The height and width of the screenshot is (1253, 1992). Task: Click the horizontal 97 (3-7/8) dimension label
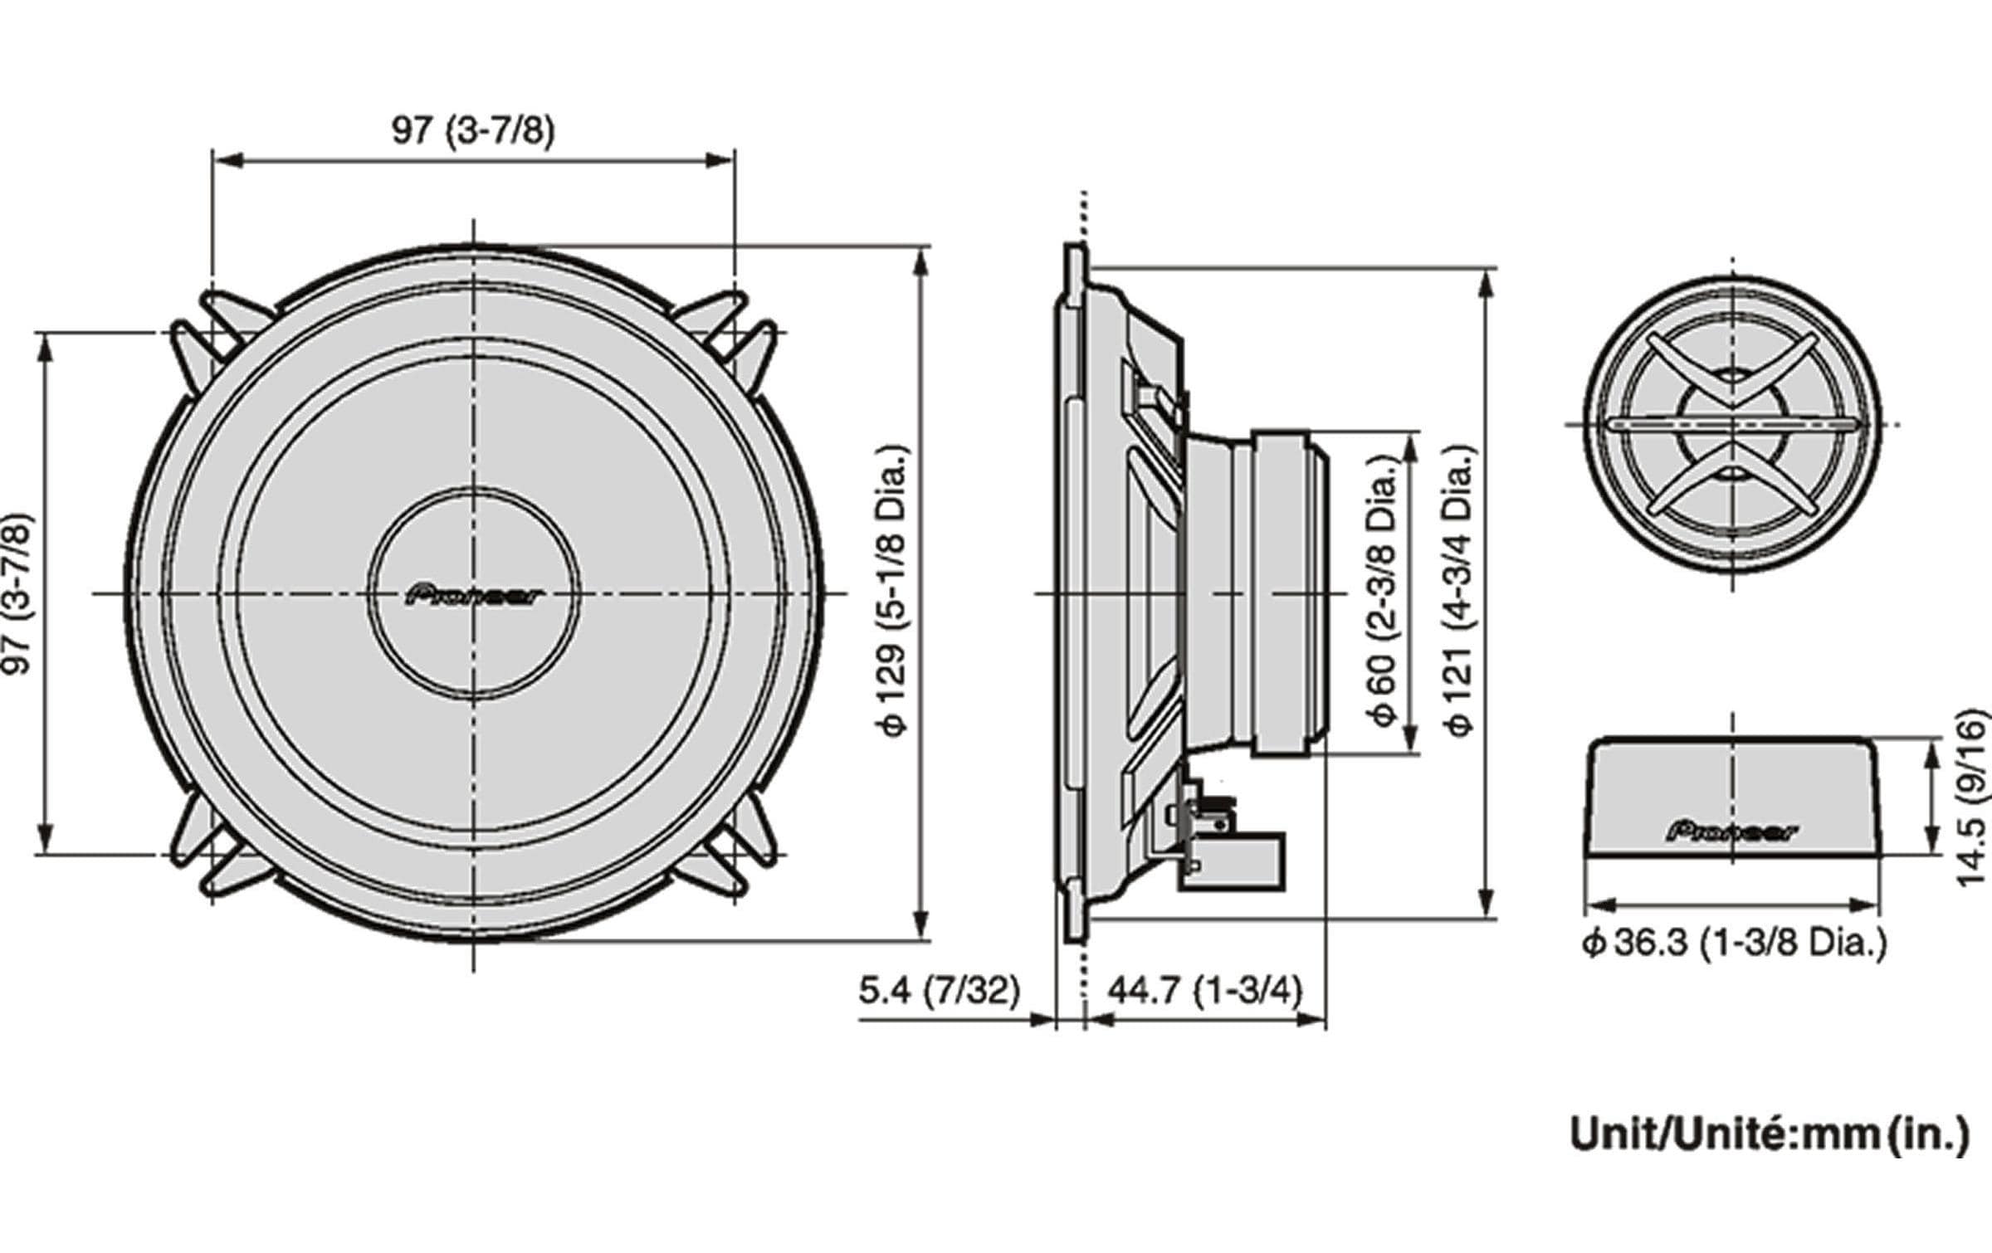(x=472, y=130)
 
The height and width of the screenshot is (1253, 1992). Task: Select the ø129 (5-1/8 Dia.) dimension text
(x=894, y=590)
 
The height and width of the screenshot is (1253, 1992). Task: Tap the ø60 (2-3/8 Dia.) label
(x=1383, y=590)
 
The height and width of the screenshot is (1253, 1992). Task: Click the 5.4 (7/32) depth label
(x=939, y=990)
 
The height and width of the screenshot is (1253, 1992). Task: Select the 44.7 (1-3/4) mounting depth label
(x=1204, y=990)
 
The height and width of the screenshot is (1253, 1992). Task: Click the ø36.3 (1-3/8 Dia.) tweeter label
(x=1734, y=943)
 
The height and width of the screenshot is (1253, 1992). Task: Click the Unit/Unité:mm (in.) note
(x=1769, y=1135)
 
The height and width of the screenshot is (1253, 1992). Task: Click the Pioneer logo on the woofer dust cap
(x=474, y=595)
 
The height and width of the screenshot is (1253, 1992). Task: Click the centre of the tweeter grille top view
(x=1732, y=425)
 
